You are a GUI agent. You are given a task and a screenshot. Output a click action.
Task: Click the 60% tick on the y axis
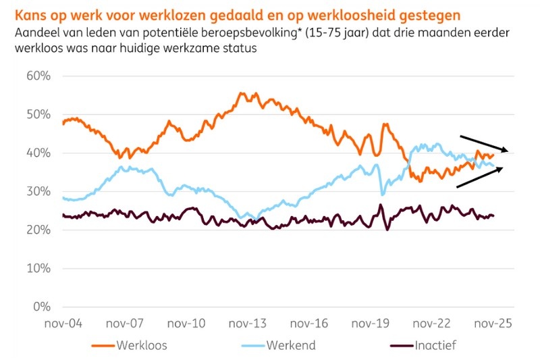point(38,76)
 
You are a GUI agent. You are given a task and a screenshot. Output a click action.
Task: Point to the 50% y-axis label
point(38,114)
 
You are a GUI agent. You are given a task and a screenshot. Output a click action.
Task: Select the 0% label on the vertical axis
point(42,307)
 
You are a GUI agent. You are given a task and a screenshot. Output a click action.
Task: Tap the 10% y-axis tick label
point(38,269)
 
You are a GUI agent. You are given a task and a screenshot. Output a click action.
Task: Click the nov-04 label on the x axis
point(63,324)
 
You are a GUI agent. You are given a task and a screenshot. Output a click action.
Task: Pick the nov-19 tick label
point(372,324)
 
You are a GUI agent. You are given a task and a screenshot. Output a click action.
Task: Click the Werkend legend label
point(291,346)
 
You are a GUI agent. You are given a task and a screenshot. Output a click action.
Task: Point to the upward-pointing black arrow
point(481,176)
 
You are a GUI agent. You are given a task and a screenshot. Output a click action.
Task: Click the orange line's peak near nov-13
point(241,94)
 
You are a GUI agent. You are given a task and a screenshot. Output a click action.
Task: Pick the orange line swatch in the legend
point(103,346)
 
